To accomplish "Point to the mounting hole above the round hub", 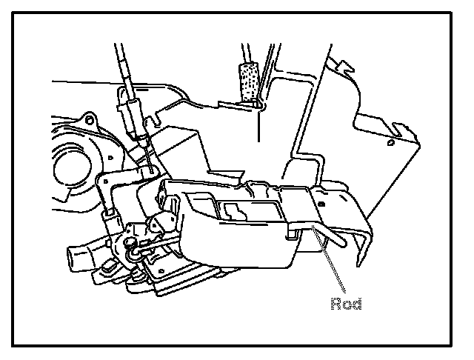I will pyautogui.click(x=88, y=119).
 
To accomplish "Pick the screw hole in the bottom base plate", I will pyautogui.click(x=137, y=276).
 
